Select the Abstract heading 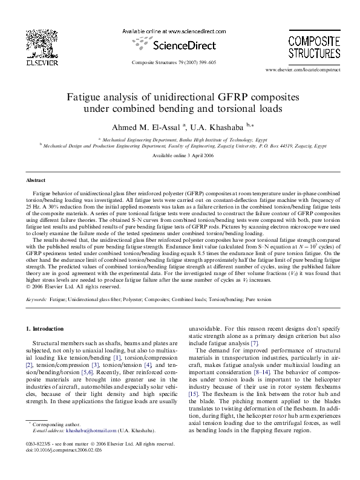(x=36, y=181)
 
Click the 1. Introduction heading (x=47, y=328)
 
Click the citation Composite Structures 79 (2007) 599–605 (x=173, y=62)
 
